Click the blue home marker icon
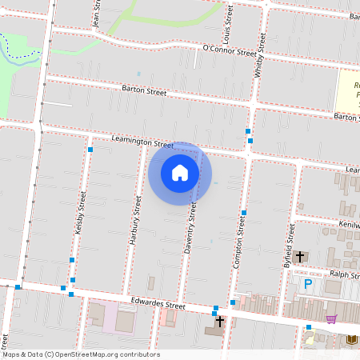pos(180,173)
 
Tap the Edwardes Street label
pos(158,304)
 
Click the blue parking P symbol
pos(308,284)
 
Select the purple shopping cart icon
pos(331,318)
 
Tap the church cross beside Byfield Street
pos(300,257)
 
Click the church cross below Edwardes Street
pos(220,321)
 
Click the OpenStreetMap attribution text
pos(80,354)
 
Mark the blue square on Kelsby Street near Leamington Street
pos(90,150)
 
